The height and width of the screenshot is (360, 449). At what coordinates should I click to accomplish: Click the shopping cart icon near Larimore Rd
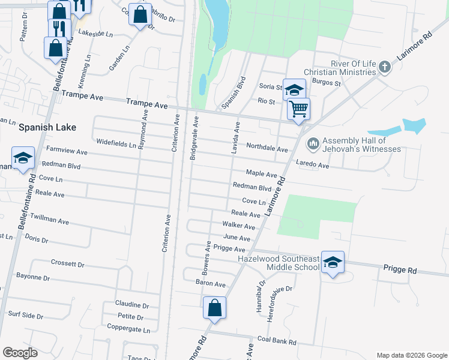coord(298,109)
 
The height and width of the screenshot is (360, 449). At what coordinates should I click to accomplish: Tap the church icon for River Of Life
coord(385,67)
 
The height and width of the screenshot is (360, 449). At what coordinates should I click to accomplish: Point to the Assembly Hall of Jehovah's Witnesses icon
coord(312,143)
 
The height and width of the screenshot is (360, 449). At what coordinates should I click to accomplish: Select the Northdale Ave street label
coord(267,148)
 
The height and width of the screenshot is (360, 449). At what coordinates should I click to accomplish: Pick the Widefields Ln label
coord(116,142)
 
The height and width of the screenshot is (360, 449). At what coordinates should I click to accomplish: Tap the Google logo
coord(21,353)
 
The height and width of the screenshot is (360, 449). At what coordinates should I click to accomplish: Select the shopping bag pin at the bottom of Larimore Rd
coord(214,308)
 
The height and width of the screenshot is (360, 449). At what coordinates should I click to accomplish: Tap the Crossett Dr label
coord(67,263)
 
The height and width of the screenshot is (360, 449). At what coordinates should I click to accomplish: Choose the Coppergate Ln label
coord(128,329)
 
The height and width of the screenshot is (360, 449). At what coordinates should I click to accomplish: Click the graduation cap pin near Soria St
coord(294,91)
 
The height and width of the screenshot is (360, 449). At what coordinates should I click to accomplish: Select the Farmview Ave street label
coord(67,152)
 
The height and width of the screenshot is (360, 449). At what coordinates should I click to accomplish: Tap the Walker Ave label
coord(239,226)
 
